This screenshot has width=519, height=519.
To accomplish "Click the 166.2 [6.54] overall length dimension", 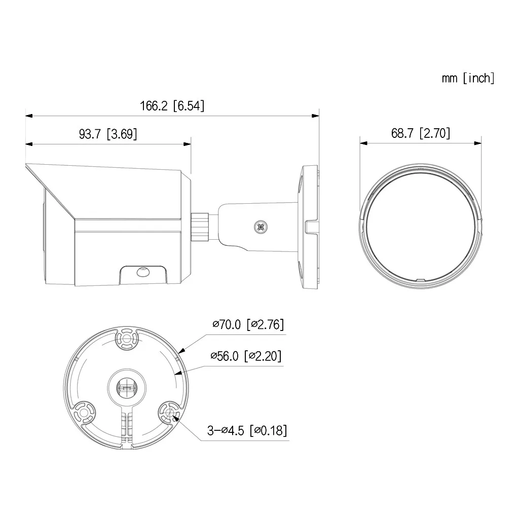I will click(172, 106).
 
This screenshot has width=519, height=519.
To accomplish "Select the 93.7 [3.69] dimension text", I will click(108, 134).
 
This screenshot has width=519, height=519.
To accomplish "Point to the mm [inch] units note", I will click(468, 78).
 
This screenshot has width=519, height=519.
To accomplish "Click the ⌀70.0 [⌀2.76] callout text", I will click(248, 324).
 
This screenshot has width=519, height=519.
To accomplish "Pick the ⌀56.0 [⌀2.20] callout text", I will click(246, 356).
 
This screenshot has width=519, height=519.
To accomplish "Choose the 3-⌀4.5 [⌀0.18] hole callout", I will click(247, 431).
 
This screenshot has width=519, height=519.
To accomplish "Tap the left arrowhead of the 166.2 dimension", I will click(28, 116).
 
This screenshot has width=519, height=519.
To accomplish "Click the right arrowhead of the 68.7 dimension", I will click(478, 143).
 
